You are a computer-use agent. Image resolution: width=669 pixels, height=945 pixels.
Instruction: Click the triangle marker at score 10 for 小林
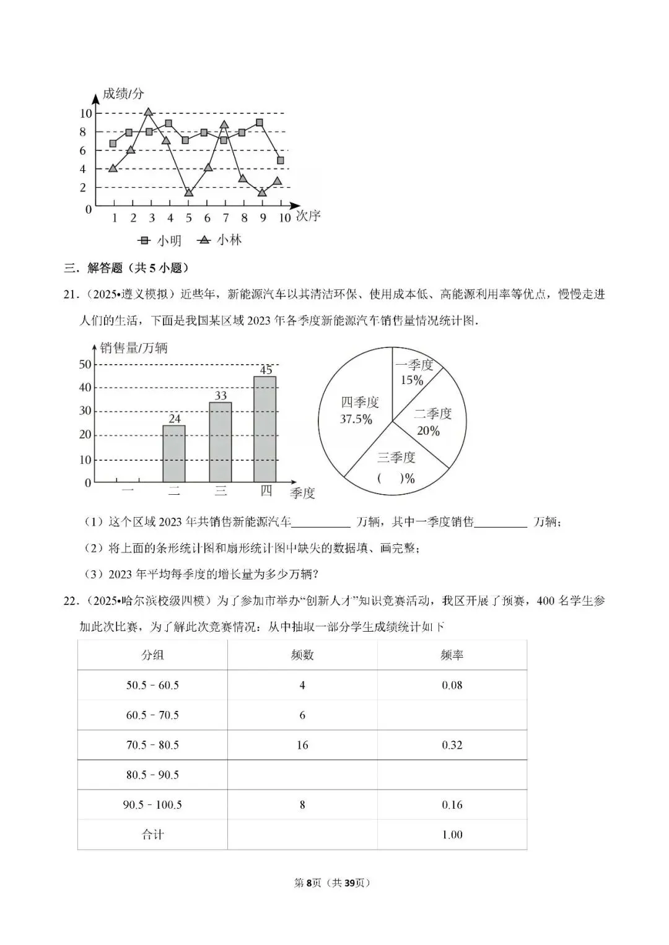[x=149, y=112]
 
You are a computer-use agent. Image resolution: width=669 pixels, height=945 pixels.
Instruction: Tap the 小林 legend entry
[x=220, y=240]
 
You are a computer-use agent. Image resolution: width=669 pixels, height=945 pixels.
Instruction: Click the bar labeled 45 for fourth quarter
[x=265, y=429]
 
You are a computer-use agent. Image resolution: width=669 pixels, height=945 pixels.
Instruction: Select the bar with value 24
[x=174, y=453]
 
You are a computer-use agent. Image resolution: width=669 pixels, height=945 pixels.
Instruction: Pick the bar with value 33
[x=221, y=442]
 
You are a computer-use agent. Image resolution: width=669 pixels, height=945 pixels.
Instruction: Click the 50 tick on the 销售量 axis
[x=85, y=364]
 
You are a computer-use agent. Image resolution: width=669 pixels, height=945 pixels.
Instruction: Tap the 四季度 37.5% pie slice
[x=357, y=411]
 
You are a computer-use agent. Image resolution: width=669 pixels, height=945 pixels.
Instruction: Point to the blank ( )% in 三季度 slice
[x=396, y=478]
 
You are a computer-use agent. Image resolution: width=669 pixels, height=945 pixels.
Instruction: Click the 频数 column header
[x=302, y=655]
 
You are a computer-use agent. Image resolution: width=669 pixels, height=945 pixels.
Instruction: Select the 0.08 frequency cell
[x=452, y=685]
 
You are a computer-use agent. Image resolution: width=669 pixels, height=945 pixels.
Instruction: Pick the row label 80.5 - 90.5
[x=152, y=775]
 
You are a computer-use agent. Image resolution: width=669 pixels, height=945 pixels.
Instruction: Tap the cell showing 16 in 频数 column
[x=302, y=745]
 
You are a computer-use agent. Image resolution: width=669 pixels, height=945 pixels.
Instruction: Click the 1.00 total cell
[x=452, y=835]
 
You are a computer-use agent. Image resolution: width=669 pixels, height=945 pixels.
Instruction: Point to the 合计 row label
[x=152, y=835]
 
